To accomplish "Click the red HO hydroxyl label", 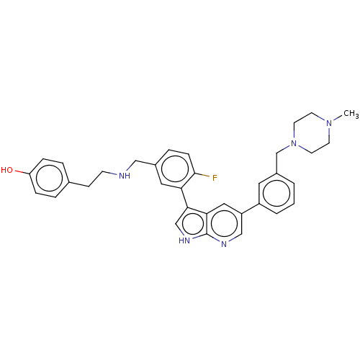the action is pos(6,170).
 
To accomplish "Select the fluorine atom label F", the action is pos(215,178).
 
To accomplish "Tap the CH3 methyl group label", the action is pos(351,113).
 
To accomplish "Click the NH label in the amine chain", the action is pos(125,176).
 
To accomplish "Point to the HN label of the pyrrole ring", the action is pos(184,240).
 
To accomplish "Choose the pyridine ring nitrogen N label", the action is pos(224,244).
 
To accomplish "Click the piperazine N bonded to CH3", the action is pos(329,123).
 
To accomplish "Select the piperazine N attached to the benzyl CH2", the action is pos(294,143).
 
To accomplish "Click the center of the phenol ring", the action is pos(49,178).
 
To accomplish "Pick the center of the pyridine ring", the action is pos(224,223).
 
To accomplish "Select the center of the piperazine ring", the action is pos(312,133).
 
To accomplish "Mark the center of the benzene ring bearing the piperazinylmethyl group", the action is pos(276,193).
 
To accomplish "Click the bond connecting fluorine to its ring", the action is pos(203,175).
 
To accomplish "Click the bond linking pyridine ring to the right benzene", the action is pos(251,208).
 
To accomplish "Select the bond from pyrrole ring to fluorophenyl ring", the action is pos(185,198).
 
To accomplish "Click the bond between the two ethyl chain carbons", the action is pos(96,179).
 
